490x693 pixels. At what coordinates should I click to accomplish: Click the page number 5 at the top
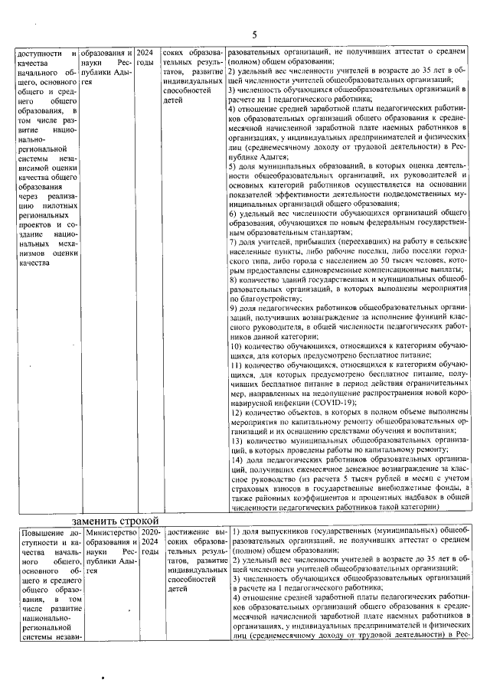(x=254, y=35)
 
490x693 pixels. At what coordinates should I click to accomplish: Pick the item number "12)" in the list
(x=236, y=412)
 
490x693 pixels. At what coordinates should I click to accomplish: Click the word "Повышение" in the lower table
(x=44, y=532)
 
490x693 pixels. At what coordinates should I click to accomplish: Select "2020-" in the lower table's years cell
(x=150, y=532)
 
